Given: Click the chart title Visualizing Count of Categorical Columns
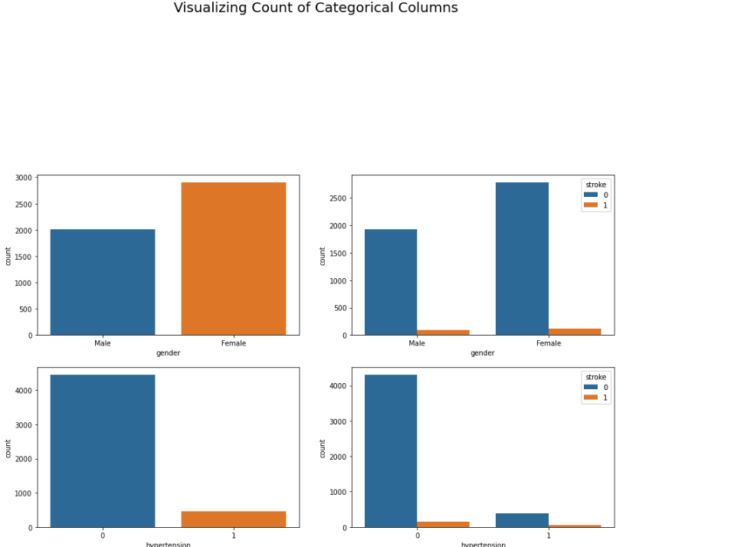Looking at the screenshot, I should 316,8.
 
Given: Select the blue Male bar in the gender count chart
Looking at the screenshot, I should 103,282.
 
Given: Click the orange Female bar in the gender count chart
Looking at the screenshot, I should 234,258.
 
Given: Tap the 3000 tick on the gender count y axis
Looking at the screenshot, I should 24,178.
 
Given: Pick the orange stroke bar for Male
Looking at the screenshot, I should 443,332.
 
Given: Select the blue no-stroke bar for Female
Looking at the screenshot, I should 522,258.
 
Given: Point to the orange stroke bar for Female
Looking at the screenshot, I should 575,332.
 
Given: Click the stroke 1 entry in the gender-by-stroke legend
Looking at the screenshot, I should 596,205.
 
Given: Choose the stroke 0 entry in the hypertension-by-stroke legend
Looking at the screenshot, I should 596,387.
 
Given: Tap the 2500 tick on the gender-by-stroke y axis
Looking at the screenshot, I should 339,198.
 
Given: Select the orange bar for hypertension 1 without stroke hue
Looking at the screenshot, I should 234,519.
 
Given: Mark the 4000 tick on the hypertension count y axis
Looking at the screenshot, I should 24,391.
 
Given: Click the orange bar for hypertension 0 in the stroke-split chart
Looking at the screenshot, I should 443,524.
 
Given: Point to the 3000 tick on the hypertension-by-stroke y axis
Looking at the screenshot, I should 339,421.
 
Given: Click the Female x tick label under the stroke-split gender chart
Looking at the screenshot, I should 549,343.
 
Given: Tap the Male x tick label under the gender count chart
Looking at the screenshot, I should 103,343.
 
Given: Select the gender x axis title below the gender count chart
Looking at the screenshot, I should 168,353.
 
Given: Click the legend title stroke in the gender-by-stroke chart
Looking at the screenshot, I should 595,185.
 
